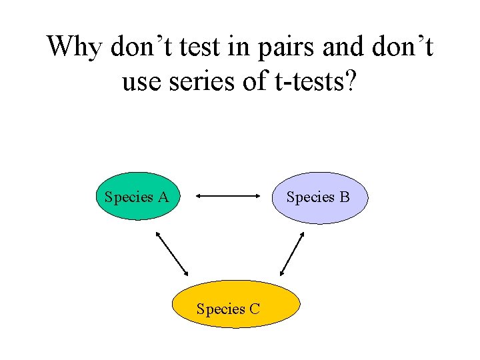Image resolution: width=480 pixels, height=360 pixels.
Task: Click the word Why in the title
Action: point(73,47)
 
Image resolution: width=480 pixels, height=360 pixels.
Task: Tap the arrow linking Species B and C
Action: point(292,254)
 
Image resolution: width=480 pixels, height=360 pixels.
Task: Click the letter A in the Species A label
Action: point(163,197)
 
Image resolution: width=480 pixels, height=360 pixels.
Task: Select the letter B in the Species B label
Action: point(344,197)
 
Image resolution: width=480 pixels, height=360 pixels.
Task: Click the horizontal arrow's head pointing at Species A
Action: point(201,196)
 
